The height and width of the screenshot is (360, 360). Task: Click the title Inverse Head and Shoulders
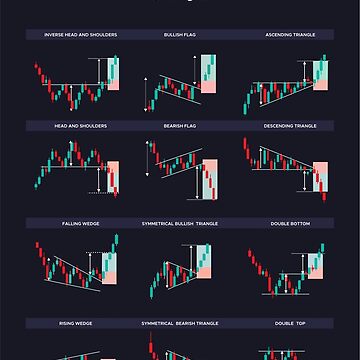(81, 34)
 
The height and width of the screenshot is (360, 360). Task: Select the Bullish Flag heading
(181, 34)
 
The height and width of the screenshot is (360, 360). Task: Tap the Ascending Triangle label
(290, 34)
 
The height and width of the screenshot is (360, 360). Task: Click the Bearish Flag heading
(181, 126)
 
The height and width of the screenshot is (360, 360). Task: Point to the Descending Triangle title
(290, 126)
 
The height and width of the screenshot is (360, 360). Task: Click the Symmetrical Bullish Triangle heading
(181, 221)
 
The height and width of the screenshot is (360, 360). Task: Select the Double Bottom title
(290, 221)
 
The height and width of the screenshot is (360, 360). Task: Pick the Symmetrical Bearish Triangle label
(181, 324)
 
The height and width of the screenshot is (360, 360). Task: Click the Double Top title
(290, 324)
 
